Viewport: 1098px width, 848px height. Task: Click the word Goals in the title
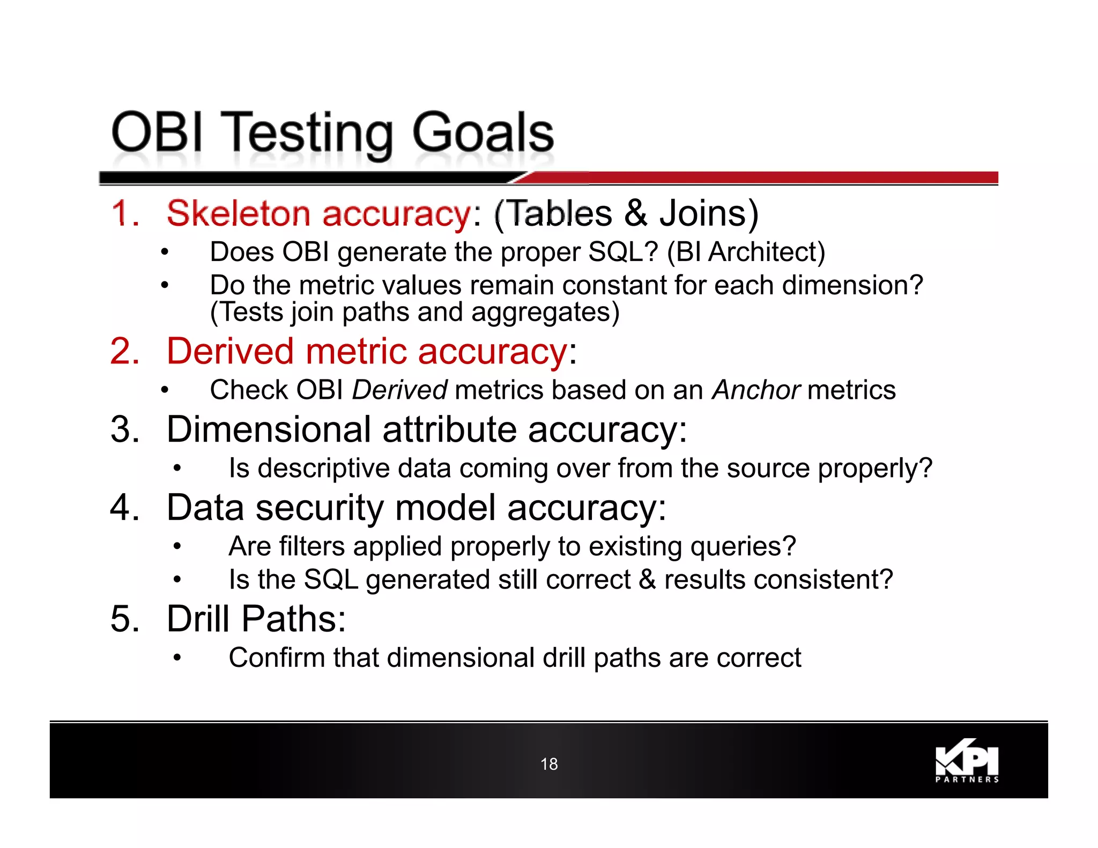483,133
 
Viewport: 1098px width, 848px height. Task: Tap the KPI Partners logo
967,762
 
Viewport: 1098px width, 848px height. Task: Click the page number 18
549,764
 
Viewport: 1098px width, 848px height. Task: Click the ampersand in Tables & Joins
636,213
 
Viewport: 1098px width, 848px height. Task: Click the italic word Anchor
756,390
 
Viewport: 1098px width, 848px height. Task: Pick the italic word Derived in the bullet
399,390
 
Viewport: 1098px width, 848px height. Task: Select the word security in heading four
321,508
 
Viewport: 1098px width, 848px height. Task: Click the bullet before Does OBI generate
165,252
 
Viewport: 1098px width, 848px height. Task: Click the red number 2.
124,352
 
